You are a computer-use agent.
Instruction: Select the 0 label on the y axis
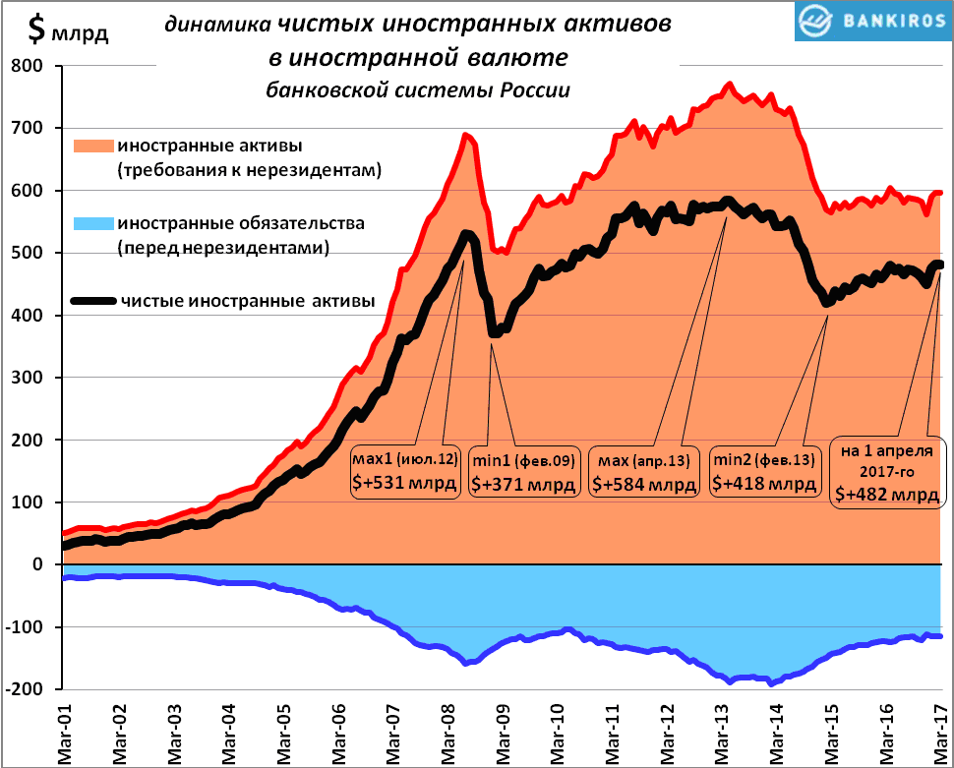click(x=39, y=564)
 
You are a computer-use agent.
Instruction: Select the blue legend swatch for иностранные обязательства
click(x=93, y=224)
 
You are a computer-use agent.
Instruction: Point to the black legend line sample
click(x=93, y=301)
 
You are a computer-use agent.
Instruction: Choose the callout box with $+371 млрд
click(x=522, y=472)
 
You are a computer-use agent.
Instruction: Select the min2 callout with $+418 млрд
click(x=764, y=472)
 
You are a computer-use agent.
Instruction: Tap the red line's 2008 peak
click(x=465, y=135)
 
